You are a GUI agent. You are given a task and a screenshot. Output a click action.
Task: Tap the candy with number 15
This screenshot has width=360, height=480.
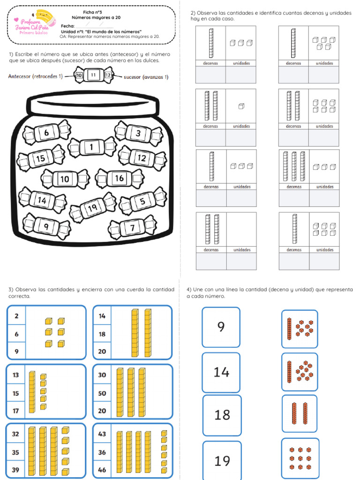41,158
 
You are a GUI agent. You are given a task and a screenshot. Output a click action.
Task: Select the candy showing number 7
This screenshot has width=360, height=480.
132,227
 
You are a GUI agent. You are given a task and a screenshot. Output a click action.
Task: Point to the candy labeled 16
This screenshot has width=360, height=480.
120,178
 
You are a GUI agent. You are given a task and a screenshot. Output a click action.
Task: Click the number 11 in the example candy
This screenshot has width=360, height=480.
93,75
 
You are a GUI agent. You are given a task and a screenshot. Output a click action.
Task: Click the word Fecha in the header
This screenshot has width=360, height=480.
67,26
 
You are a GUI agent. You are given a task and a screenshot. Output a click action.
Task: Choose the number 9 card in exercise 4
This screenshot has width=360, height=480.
221,327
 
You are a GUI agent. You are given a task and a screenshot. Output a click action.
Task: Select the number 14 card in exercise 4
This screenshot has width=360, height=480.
221,373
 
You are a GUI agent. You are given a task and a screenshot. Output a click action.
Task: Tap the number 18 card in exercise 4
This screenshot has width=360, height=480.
222,415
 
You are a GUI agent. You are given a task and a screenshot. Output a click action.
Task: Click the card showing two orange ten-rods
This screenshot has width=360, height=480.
300,413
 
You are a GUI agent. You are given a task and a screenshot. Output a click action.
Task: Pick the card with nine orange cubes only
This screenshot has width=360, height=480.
300,458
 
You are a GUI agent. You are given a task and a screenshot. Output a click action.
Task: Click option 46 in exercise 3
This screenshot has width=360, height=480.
102,470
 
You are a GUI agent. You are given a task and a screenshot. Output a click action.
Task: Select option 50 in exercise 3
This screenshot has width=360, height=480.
102,393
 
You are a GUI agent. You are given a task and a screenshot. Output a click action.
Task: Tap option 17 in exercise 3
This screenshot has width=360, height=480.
15,411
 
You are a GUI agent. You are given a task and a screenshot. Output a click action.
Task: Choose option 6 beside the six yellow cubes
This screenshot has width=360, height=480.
16,334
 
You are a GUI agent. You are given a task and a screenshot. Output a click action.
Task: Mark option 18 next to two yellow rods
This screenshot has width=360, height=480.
102,334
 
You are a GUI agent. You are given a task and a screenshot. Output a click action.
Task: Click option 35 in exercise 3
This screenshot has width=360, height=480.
15,452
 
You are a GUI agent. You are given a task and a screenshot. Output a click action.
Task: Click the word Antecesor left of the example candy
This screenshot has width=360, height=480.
20,76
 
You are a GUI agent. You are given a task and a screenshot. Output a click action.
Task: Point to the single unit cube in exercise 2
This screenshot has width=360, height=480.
241,106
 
